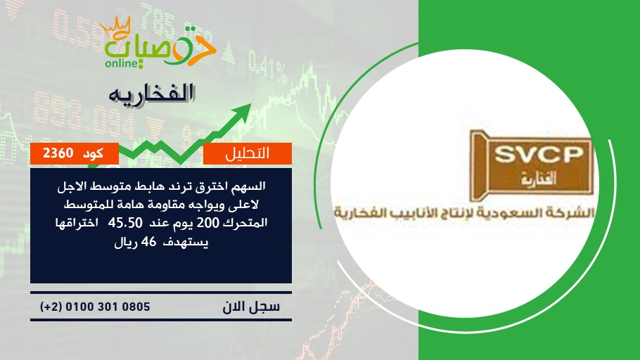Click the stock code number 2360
58,153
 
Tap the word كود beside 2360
93,153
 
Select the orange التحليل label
248,153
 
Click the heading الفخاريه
152,94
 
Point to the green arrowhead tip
250,104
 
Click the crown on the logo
115,27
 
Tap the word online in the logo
121,63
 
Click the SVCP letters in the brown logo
539,155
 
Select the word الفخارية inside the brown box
539,178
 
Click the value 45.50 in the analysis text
125,223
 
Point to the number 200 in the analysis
208,223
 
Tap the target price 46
148,242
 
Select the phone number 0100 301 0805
108,307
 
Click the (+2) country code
51,307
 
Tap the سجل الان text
251,307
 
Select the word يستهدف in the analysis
186,243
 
